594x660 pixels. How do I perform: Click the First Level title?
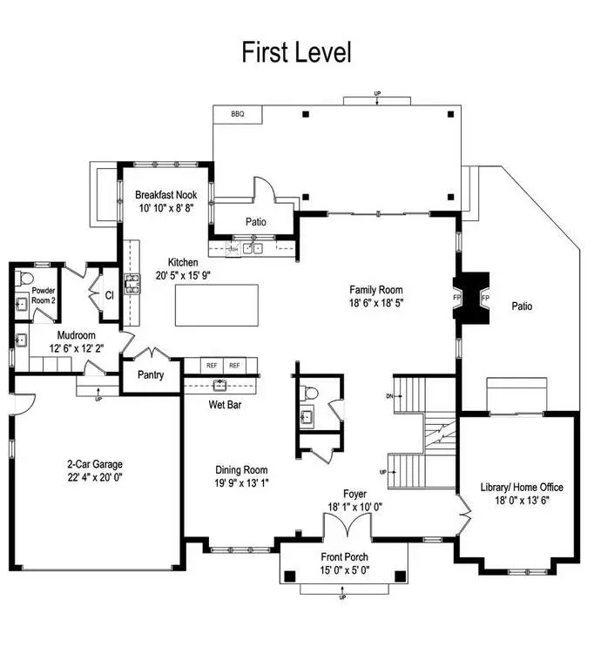click(x=296, y=52)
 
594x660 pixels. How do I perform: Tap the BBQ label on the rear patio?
click(x=238, y=114)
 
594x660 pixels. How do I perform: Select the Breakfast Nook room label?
click(x=165, y=195)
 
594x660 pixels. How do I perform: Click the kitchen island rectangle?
click(x=217, y=305)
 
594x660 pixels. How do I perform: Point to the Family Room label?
click(x=376, y=290)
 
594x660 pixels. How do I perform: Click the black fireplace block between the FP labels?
click(x=471, y=298)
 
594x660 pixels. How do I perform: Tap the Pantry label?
click(x=151, y=374)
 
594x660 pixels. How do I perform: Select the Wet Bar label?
click(x=226, y=405)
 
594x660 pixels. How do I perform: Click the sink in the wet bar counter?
click(x=220, y=384)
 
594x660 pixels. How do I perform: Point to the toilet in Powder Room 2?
click(x=25, y=278)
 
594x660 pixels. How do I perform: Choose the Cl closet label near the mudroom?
click(x=110, y=295)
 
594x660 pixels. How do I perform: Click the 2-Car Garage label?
click(x=95, y=464)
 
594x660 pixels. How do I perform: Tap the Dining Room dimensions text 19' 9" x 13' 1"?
click(x=241, y=483)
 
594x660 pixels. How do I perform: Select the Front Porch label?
click(x=344, y=557)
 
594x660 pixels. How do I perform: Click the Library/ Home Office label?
click(x=522, y=487)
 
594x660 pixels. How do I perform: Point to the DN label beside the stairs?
click(x=389, y=396)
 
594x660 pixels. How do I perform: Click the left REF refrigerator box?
click(x=212, y=366)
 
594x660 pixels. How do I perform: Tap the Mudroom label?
click(x=76, y=335)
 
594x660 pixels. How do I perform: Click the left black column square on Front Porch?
click(x=290, y=576)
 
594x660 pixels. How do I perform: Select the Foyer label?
click(x=354, y=494)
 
